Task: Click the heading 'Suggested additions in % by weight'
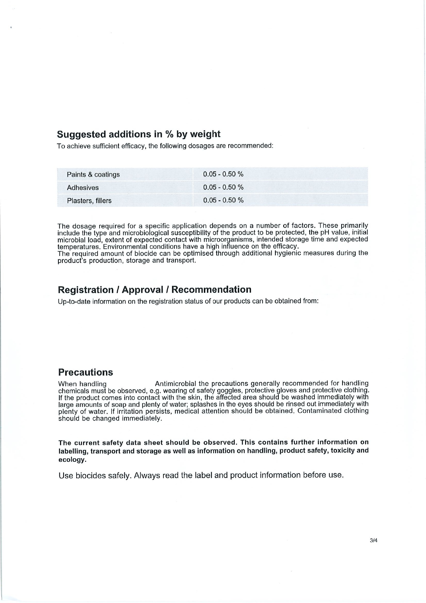click(138, 134)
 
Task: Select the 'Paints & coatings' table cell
click(93, 175)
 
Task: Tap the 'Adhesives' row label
click(83, 188)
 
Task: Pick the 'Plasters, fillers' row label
click(89, 201)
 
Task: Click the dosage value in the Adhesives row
click(223, 187)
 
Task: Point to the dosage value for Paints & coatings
click(223, 174)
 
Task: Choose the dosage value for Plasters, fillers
click(223, 200)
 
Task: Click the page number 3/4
click(373, 540)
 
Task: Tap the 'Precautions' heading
click(85, 372)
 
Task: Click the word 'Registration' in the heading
click(85, 290)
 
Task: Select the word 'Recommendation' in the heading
click(211, 290)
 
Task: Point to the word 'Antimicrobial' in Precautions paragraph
click(175, 384)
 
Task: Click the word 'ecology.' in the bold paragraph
click(72, 460)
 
